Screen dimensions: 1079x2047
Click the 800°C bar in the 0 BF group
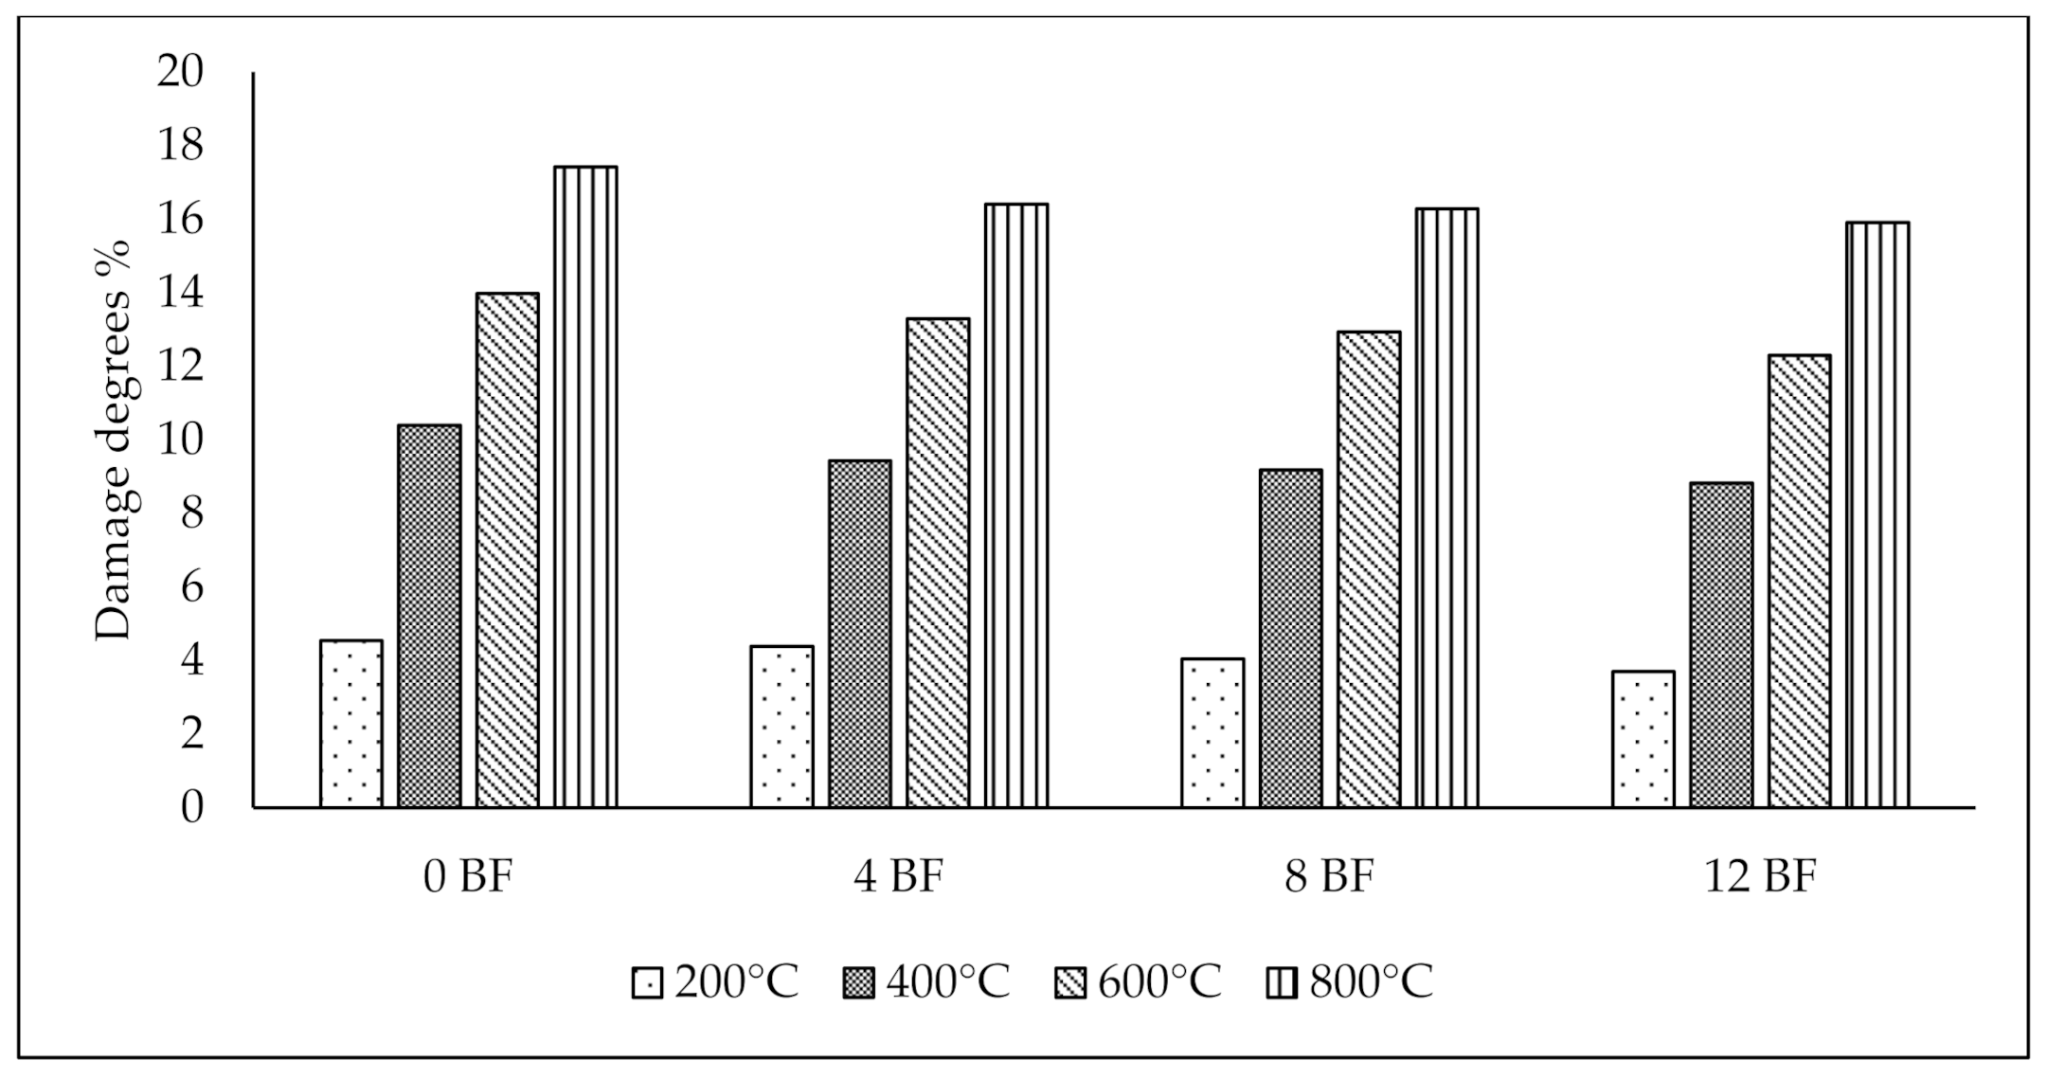(585, 487)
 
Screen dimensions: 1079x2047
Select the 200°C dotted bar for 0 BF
(351, 724)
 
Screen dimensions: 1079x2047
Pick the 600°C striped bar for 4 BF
(938, 563)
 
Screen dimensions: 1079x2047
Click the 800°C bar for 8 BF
(1446, 508)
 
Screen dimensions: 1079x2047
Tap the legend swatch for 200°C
(647, 983)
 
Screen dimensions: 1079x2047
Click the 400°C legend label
(948, 981)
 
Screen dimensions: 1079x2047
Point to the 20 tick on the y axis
(180, 73)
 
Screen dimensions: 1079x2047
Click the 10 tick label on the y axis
(180, 441)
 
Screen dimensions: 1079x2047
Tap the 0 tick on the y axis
(192, 808)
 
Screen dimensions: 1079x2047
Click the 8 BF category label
(1329, 877)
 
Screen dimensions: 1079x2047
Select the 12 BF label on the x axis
(1760, 877)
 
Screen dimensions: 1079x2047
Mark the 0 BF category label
(468, 877)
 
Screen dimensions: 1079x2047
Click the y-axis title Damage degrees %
(114, 441)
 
